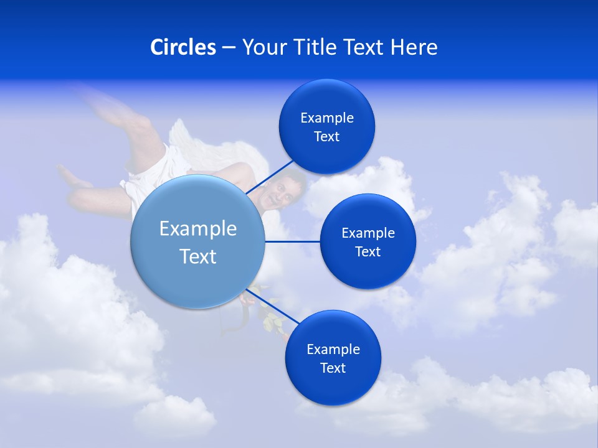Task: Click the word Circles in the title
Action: point(183,47)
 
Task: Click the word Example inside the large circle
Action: point(198,229)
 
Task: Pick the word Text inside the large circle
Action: point(198,256)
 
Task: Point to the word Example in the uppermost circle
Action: point(327,118)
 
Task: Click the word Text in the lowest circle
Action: point(333,368)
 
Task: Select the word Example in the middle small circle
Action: point(368,233)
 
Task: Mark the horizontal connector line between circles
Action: point(293,241)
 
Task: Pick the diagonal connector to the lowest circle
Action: point(274,307)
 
